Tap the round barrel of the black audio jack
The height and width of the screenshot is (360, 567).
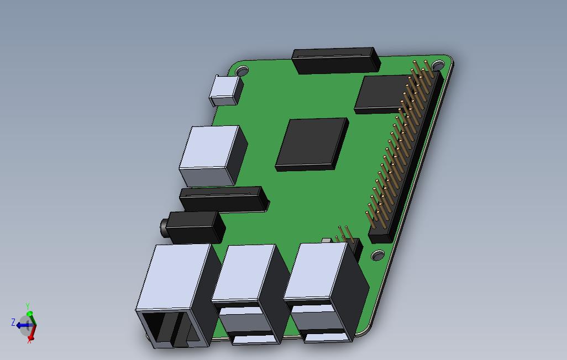(x=164, y=227)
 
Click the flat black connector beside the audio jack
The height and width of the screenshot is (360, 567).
(x=224, y=199)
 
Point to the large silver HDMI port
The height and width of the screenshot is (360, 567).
(x=213, y=156)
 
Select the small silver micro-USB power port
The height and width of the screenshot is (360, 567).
(x=225, y=91)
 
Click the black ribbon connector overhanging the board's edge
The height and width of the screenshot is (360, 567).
(x=336, y=60)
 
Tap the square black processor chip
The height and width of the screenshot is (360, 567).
(x=312, y=144)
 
